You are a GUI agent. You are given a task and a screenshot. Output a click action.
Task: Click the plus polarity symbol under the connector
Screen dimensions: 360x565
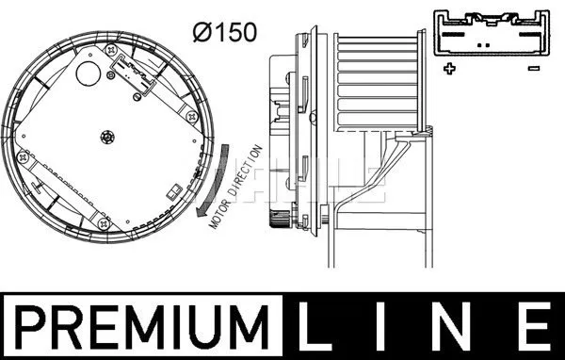click(x=449, y=69)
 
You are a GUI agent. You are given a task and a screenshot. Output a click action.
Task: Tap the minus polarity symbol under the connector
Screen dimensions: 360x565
click(x=533, y=69)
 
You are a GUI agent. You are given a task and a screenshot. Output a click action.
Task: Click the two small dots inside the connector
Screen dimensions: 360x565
click(x=483, y=43)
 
